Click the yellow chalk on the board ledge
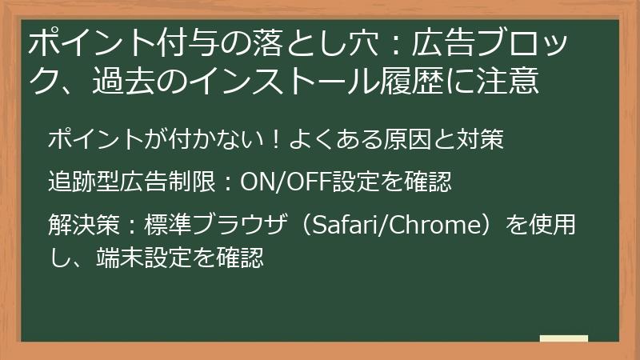point(563,338)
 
